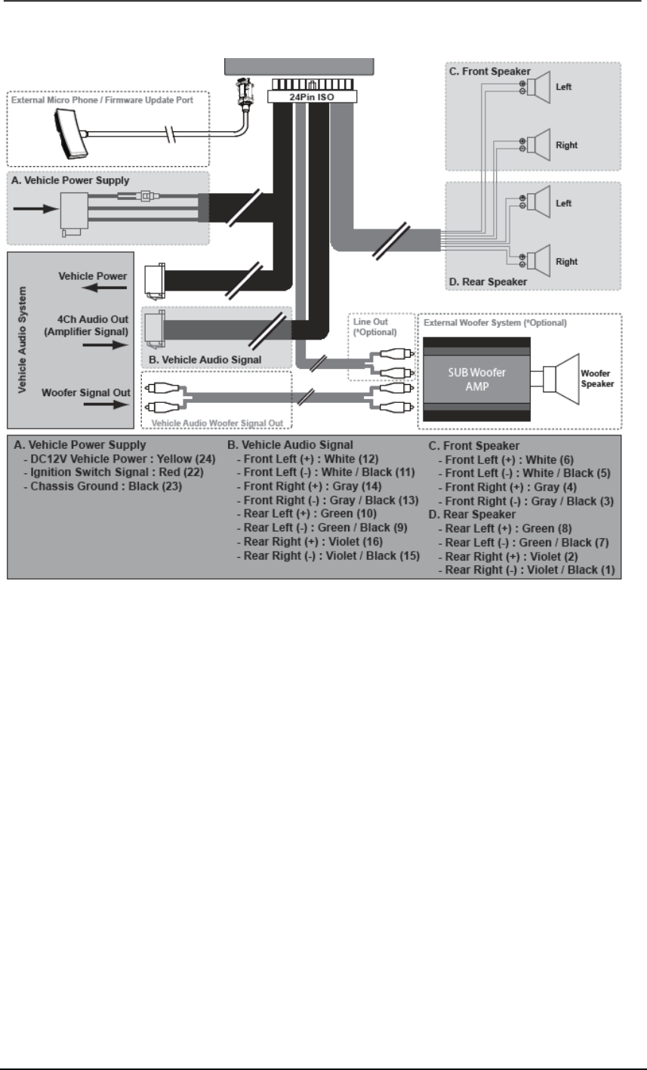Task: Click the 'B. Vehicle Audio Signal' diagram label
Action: [206, 360]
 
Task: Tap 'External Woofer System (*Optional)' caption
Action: [495, 322]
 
